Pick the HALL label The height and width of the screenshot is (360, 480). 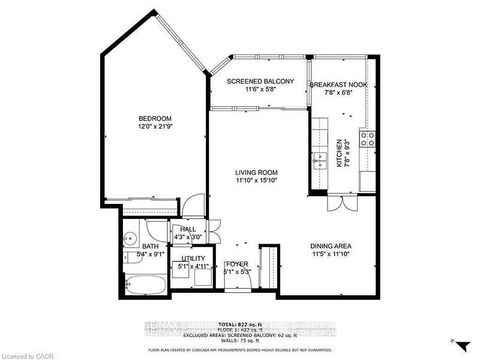[188, 229]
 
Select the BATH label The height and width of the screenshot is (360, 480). [150, 245]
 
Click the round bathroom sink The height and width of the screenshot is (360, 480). [130, 241]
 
